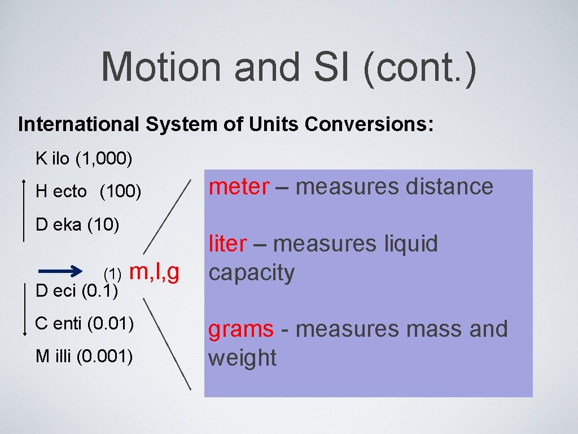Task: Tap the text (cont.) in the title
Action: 419,67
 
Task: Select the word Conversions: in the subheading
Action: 370,124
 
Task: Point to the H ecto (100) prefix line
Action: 88,192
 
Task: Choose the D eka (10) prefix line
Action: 77,225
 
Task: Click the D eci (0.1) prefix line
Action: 76,292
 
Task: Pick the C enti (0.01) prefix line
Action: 84,324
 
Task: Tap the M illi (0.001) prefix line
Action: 84,357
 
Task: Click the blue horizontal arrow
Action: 62,271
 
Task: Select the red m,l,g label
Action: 155,272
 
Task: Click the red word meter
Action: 239,186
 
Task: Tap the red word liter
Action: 227,244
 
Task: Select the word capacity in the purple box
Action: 251,273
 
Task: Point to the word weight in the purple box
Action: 242,358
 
